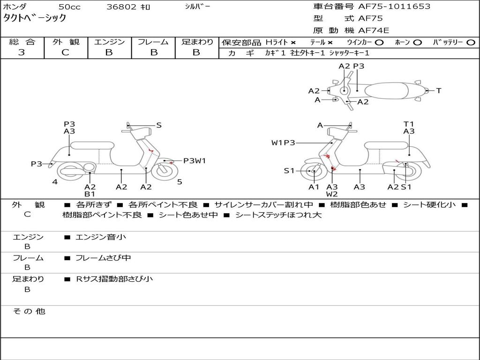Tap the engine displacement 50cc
(x=68, y=7)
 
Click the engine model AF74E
(x=374, y=30)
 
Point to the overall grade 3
(x=22, y=52)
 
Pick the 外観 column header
(x=66, y=42)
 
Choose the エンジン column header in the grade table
(x=109, y=42)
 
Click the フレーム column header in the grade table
(x=153, y=42)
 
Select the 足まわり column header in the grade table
(x=197, y=42)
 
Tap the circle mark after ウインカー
(x=380, y=42)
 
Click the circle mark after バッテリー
(x=471, y=42)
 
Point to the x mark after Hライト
(x=293, y=42)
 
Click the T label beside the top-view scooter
(x=439, y=90)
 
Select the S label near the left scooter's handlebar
(x=159, y=125)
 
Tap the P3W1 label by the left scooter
(x=195, y=161)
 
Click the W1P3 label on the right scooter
(x=283, y=142)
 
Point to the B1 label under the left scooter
(x=90, y=194)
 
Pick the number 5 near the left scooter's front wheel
(x=180, y=182)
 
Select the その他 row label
(x=29, y=311)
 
